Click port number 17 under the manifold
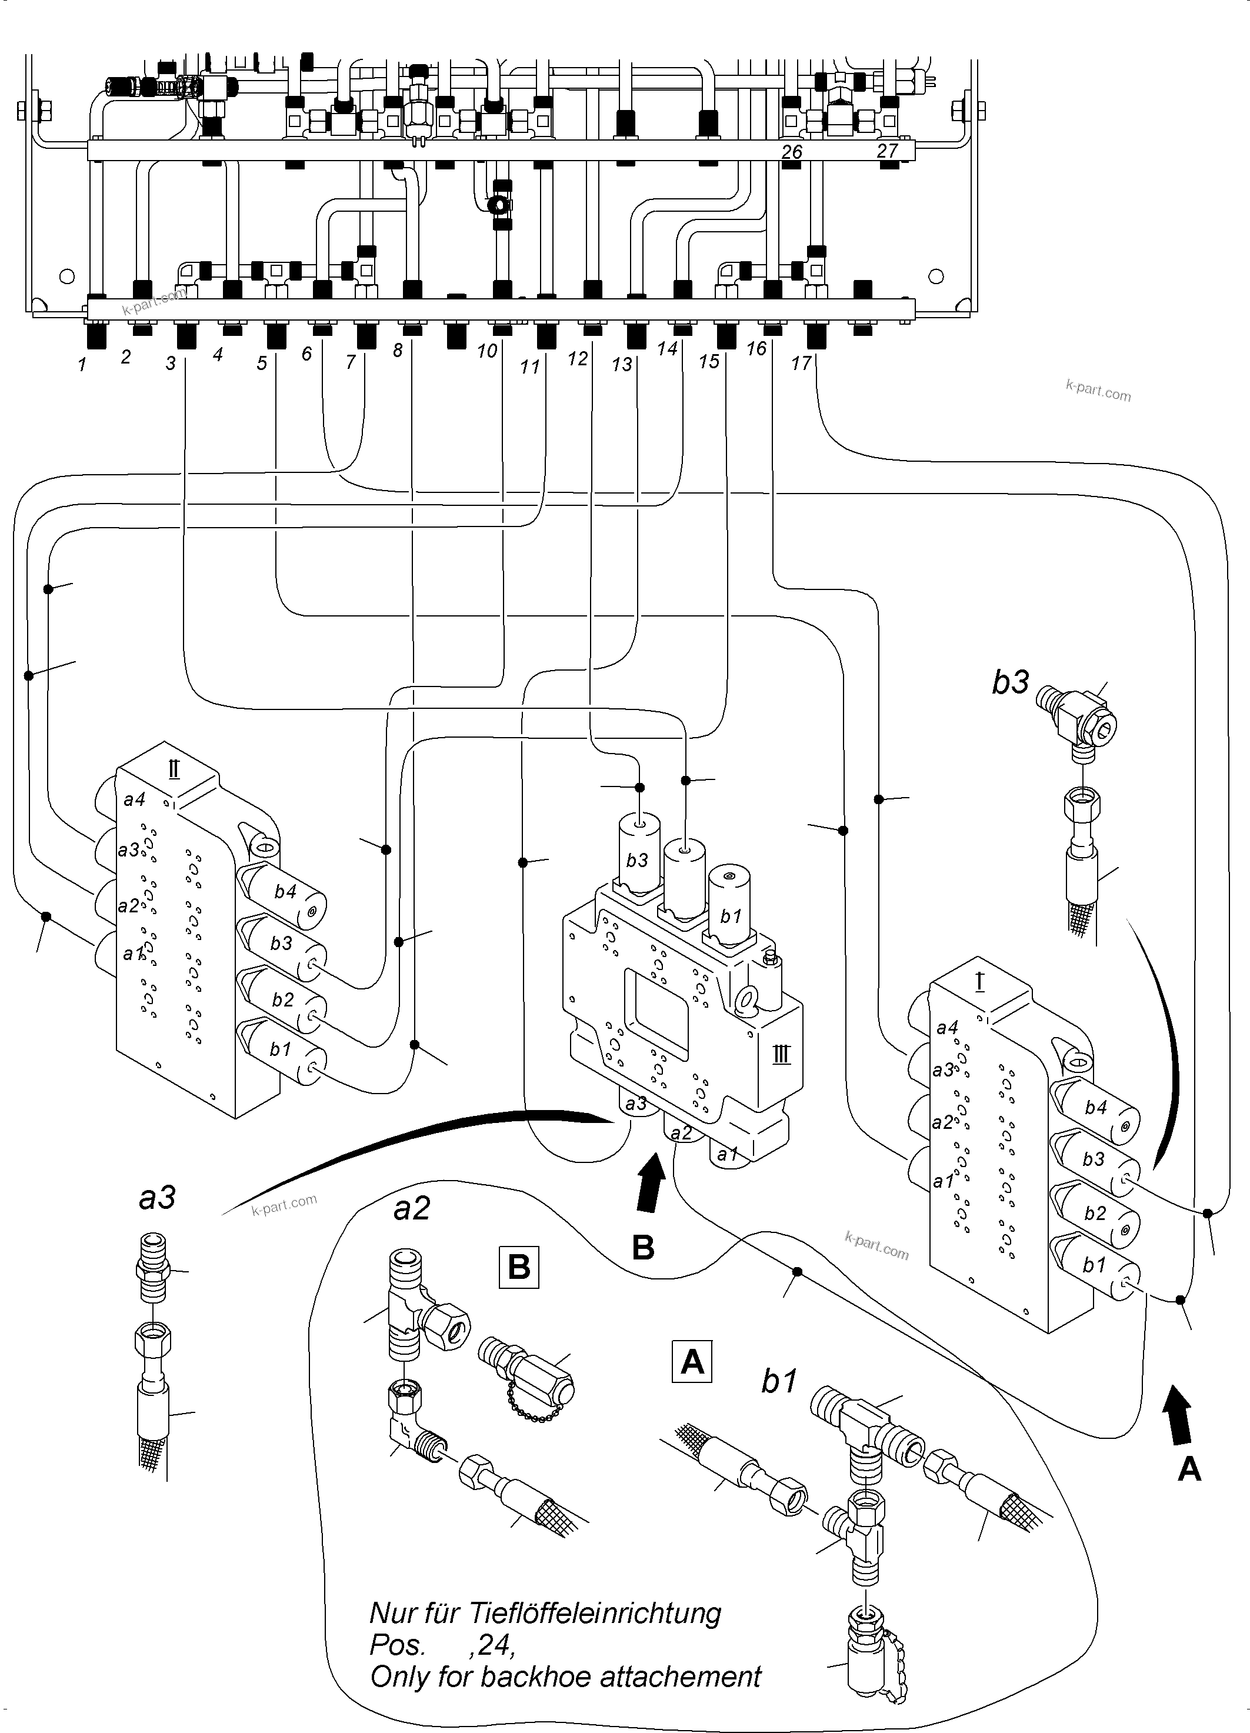800,363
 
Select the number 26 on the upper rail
792,152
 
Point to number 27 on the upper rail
886,151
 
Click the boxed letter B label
519,1267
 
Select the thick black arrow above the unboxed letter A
1178,1416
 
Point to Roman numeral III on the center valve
780,1057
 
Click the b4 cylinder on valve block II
285,891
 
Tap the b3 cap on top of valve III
637,861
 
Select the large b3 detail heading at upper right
1010,682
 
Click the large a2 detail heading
412,1209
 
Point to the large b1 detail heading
779,1381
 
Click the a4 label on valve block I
946,1028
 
